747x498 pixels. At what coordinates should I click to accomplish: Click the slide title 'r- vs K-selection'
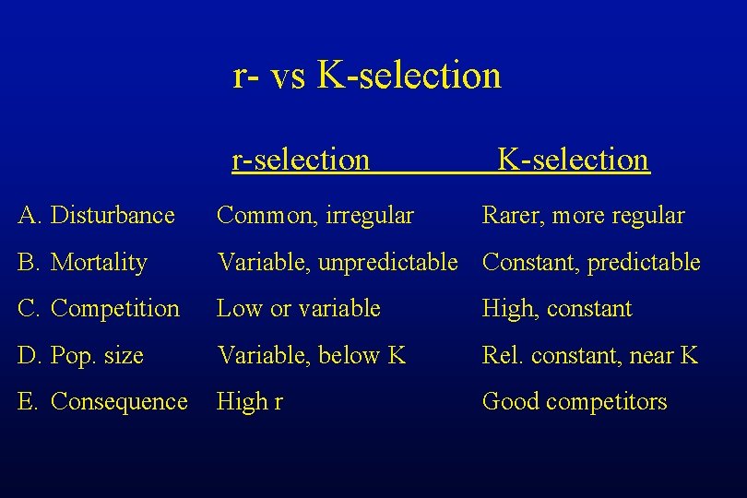[367, 75]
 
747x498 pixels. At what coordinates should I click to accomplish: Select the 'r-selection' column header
[301, 160]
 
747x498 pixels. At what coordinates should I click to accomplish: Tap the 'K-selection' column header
[573, 160]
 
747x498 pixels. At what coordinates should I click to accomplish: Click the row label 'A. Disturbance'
[96, 216]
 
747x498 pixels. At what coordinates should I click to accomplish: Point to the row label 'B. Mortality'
[82, 263]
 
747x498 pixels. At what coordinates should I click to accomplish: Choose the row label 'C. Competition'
[99, 309]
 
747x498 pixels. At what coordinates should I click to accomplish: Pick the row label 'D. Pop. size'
[81, 355]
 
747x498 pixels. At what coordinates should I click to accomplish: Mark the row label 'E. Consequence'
[102, 402]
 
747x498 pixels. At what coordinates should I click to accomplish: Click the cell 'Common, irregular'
[314, 216]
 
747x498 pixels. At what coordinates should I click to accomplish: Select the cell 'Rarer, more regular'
[583, 216]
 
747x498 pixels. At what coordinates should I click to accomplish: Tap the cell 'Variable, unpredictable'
[337, 263]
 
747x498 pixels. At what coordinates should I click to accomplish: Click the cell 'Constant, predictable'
[591, 263]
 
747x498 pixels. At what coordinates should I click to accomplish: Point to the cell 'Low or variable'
[298, 309]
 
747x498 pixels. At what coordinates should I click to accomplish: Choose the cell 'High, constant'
[557, 309]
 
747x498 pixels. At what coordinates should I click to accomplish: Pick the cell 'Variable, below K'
[311, 355]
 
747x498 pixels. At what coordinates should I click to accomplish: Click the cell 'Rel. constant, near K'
[590, 355]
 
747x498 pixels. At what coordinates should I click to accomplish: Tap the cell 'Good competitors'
[575, 402]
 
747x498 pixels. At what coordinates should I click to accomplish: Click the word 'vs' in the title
[289, 77]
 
